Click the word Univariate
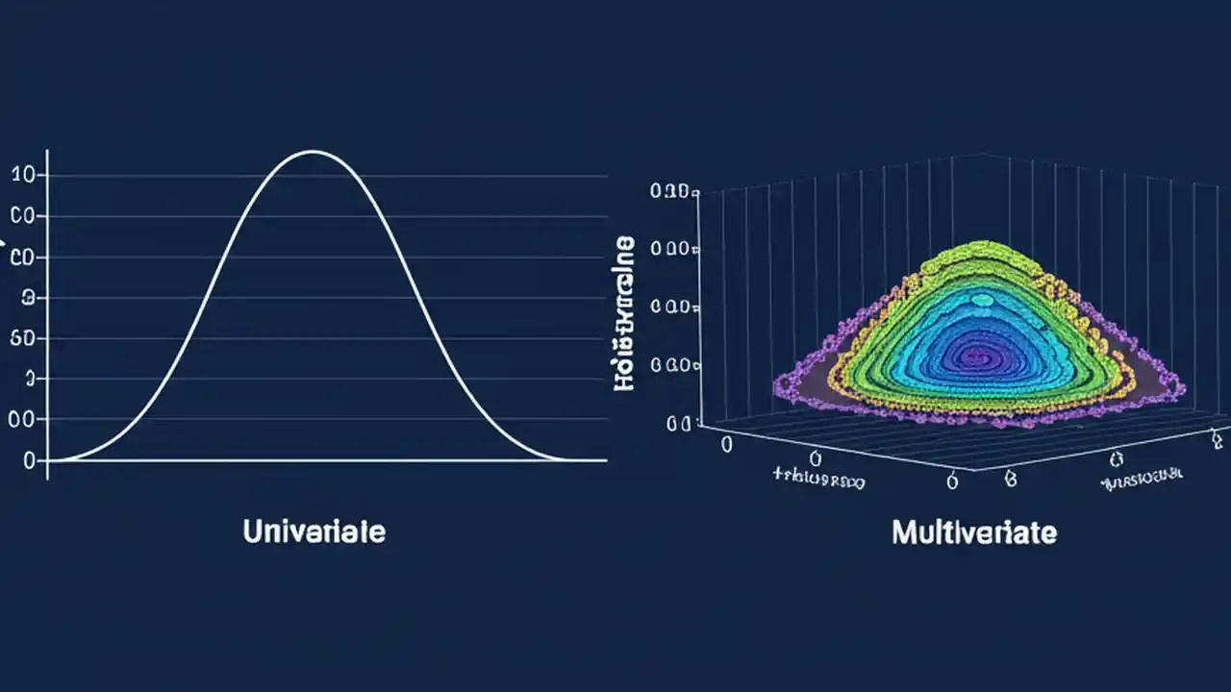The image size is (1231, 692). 314,531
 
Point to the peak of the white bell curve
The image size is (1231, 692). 312,151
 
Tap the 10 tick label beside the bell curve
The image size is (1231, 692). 23,175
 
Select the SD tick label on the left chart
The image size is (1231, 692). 22,338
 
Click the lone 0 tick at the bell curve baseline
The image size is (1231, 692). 29,461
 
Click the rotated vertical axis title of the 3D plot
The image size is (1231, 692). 624,312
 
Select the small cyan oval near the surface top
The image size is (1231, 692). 981,300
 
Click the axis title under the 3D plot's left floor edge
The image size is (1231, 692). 818,478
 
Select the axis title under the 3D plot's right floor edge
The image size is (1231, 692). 1143,475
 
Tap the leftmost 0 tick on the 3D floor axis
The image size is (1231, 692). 727,444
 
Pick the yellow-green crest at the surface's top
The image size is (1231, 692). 981,252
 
